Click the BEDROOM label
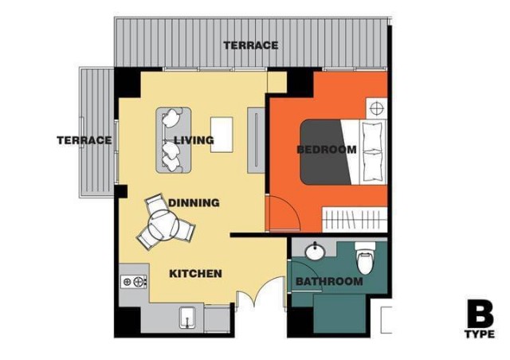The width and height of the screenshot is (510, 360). [x=327, y=150]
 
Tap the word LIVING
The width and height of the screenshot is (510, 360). [x=194, y=140]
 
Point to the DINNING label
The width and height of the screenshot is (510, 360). [x=194, y=203]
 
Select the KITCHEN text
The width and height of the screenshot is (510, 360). [x=195, y=273]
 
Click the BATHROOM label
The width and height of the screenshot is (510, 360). [x=329, y=281]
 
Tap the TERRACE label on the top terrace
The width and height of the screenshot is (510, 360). [x=251, y=45]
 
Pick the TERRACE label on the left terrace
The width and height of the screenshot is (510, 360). [x=84, y=140]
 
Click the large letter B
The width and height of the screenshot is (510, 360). [x=481, y=315]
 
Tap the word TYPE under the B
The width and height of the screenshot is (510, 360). [x=480, y=334]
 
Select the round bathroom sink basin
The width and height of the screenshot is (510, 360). [x=314, y=252]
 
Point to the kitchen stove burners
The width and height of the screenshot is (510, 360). [x=134, y=281]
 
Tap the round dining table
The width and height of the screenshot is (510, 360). [x=163, y=225]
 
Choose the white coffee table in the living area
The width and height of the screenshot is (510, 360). [x=222, y=135]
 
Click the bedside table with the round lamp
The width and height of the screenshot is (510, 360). [x=377, y=108]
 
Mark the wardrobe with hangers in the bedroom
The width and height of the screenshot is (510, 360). [x=355, y=219]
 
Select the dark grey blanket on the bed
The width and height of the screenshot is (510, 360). [x=326, y=152]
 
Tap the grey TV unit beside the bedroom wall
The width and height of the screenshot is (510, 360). [x=256, y=140]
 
